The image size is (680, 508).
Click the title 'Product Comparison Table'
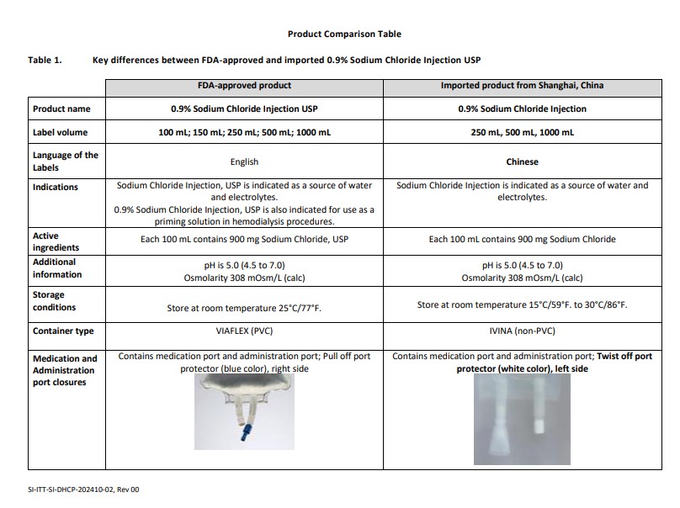(x=344, y=34)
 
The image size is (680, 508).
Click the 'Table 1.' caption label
(x=45, y=61)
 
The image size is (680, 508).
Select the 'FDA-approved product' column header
(x=244, y=86)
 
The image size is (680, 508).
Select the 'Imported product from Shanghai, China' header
(x=522, y=86)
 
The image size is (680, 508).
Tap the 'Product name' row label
(x=61, y=108)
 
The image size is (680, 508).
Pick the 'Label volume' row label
(x=60, y=132)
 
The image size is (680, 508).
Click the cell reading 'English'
(x=244, y=161)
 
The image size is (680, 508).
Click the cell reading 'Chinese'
(x=522, y=161)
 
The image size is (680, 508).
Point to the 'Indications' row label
(x=56, y=187)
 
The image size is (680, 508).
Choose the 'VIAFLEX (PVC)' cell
(x=244, y=331)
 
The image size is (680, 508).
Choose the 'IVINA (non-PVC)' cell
(x=522, y=331)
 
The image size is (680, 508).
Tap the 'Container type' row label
(x=63, y=331)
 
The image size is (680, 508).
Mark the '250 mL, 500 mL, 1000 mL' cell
(x=522, y=132)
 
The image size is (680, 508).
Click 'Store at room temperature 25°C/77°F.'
(x=244, y=308)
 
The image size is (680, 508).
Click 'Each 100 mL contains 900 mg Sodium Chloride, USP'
(x=244, y=240)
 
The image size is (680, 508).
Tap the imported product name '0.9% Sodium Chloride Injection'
(x=522, y=108)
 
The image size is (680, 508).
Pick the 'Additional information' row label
(x=57, y=268)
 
